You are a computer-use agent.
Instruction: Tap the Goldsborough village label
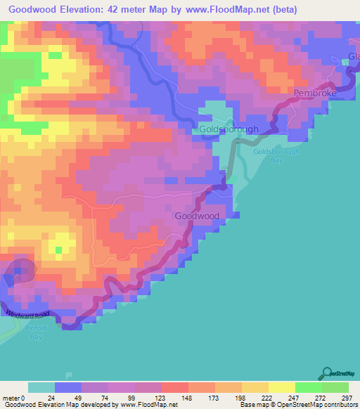(x=229, y=129)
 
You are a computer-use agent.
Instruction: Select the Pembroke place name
(x=315, y=93)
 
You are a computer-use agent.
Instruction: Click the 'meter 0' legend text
(x=13, y=397)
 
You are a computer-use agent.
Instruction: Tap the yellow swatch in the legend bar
(x=281, y=387)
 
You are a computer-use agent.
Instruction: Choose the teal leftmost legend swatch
(x=41, y=387)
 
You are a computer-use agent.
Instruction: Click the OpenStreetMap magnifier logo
(x=326, y=374)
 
